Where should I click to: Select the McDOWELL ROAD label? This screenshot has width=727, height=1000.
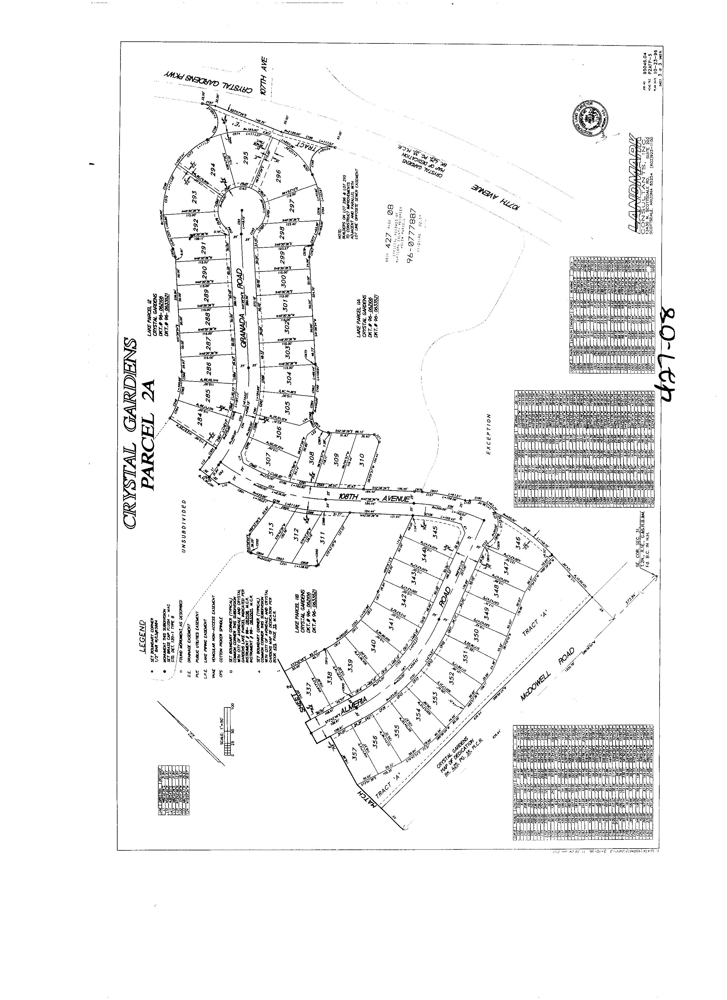click(548, 680)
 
